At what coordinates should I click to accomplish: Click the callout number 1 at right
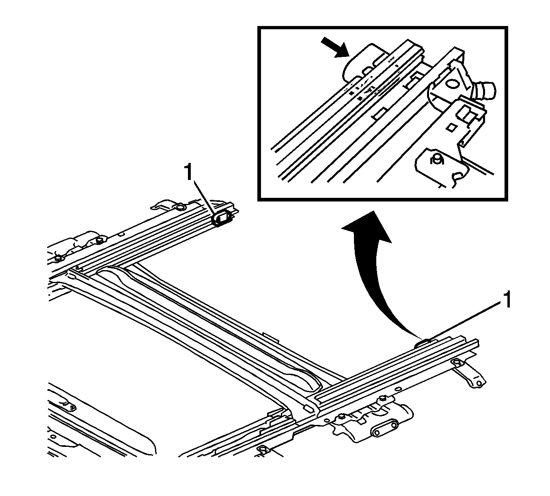pos(506,302)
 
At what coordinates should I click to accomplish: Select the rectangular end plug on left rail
pos(222,219)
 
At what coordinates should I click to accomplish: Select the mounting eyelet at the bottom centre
pos(263,450)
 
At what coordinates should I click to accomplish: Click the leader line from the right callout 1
pos(463,321)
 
